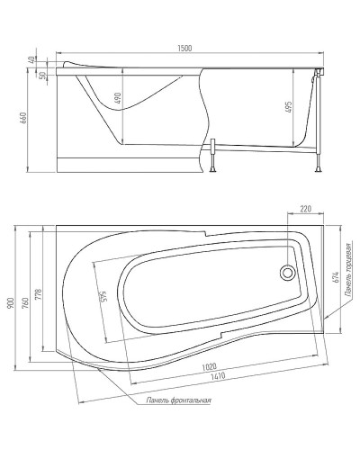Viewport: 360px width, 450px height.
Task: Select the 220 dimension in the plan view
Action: [x=307, y=210]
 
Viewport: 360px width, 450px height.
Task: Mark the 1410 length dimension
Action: [x=214, y=377]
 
